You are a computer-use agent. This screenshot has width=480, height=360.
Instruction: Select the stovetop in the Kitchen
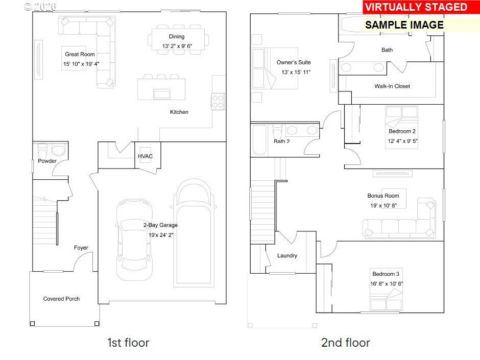coord(218,101)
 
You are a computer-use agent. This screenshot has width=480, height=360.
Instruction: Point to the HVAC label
coord(146,157)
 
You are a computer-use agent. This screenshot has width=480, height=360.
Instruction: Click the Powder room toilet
coord(43,151)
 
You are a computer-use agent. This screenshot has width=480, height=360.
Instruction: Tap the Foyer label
coord(81,248)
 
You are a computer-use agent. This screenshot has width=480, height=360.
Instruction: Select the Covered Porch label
coord(61,299)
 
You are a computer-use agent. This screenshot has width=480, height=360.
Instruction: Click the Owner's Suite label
coord(294,62)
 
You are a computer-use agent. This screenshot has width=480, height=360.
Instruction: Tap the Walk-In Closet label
coord(392,86)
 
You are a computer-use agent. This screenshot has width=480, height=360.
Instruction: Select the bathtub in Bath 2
coord(259,140)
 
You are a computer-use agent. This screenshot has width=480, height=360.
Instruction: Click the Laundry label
coord(287,255)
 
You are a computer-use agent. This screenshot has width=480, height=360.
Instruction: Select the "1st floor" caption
coord(128,342)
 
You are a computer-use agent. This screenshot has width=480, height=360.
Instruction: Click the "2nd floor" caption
coord(345,342)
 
